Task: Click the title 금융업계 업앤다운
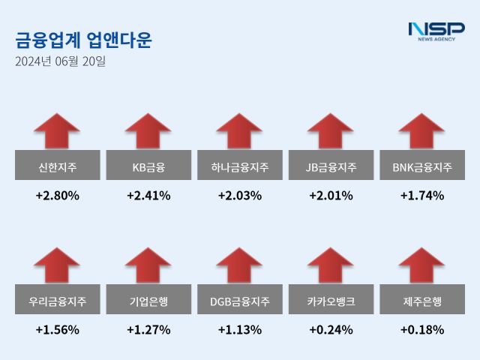coord(83,40)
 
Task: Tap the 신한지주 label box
coord(57,166)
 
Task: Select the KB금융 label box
coord(148,166)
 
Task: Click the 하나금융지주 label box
coord(239,166)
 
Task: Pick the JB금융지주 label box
coord(331,166)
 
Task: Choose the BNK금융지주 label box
coord(421,166)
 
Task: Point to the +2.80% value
coord(57,196)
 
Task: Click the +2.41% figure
coord(148,196)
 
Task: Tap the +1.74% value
coord(421,196)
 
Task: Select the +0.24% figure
coord(331,329)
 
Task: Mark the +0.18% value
coord(421,329)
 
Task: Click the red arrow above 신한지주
coord(57,130)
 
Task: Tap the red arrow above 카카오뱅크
coord(331,265)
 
